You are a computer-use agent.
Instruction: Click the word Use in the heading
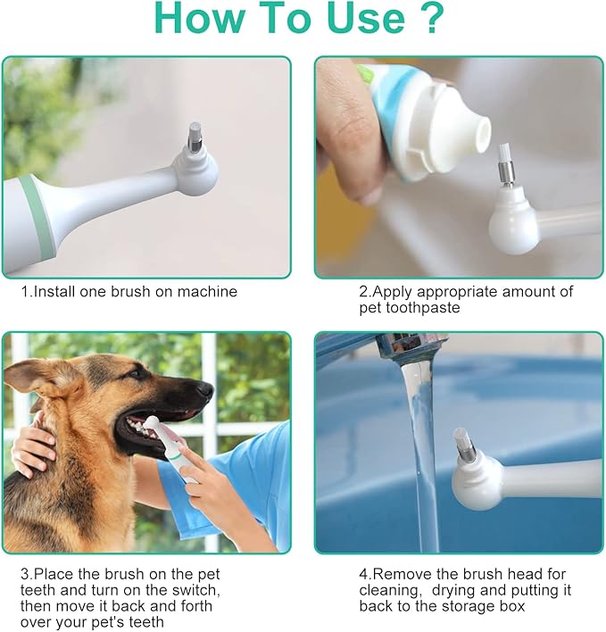366,18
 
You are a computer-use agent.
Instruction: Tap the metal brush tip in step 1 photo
195,135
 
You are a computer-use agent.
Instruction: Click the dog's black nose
204,388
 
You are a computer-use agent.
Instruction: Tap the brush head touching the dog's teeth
151,423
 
